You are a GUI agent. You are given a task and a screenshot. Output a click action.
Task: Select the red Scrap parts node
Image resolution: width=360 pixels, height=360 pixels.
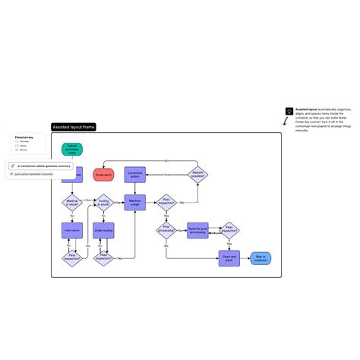tap(103, 175)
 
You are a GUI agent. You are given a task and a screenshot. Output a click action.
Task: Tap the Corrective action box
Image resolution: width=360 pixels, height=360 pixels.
tap(135, 174)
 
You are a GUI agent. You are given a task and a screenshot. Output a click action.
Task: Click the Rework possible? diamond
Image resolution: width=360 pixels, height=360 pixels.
tap(198, 174)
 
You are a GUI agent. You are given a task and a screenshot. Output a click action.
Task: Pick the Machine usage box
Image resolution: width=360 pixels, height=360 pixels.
tap(135, 203)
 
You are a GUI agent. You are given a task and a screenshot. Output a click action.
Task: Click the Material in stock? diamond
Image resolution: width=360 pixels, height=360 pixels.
tap(72, 203)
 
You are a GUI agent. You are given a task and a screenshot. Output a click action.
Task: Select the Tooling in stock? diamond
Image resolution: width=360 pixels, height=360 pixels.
tap(103, 203)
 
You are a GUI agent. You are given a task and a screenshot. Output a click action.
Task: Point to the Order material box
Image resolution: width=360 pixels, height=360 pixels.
tap(72, 230)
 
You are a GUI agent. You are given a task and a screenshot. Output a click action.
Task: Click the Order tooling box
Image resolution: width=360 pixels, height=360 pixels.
tap(103, 230)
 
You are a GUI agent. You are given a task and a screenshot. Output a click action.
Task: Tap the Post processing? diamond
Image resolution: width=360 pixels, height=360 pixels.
tap(166, 230)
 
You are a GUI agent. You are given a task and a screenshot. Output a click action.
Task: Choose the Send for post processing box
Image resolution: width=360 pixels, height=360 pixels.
tap(198, 230)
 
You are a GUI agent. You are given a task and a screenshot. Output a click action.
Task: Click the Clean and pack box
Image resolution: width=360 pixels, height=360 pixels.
tap(229, 258)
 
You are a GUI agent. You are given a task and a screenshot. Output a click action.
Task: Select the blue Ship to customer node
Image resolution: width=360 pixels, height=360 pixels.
tap(261, 258)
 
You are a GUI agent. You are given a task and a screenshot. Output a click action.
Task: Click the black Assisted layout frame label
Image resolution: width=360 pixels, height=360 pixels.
tap(73, 127)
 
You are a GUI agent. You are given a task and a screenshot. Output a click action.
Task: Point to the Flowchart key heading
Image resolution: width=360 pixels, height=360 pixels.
tap(24, 137)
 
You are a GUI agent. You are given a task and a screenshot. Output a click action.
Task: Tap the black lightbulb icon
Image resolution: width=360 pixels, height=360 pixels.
tap(289, 111)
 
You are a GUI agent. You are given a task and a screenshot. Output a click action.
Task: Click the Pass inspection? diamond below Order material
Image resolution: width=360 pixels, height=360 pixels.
tap(72, 258)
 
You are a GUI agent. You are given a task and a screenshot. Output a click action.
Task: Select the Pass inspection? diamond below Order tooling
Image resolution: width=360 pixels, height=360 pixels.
tap(103, 258)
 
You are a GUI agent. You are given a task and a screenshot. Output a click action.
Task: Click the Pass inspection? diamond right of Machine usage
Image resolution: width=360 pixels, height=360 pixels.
tap(166, 203)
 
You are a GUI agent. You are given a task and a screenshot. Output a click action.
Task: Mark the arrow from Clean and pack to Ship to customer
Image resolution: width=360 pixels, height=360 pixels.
tap(245, 258)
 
